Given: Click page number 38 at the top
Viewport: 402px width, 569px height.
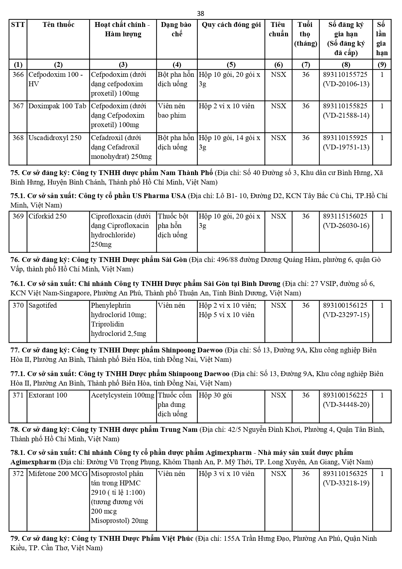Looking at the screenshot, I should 201,13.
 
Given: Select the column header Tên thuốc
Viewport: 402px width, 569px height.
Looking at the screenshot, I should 58,25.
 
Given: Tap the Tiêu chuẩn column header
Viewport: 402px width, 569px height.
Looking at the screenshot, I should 278,29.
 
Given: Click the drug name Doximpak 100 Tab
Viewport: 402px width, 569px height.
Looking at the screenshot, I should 57,106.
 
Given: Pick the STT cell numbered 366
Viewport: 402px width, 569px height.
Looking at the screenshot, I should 18,75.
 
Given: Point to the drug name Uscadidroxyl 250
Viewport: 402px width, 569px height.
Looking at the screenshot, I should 55,138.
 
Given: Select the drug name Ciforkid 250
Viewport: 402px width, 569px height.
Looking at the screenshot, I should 47,216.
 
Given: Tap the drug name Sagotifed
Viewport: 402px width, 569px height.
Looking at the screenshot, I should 42,305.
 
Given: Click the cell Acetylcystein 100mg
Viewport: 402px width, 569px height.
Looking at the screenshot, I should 122,395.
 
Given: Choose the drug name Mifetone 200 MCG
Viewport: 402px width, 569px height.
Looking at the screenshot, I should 58,474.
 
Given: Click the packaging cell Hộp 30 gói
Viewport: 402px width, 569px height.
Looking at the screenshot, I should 215,395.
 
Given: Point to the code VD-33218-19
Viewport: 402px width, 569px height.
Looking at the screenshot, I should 346,483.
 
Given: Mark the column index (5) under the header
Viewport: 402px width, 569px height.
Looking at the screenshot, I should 231,64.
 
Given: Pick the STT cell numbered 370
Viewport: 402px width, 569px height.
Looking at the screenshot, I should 18,305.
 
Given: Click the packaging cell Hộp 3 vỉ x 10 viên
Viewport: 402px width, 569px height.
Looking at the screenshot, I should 226,474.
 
